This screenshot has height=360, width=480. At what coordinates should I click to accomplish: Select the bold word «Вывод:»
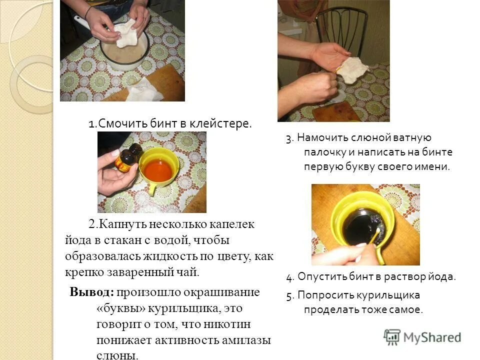pos(92,292)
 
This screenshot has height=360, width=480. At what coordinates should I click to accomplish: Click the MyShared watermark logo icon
pos(392,337)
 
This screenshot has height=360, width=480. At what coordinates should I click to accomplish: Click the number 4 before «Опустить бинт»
pos(289,276)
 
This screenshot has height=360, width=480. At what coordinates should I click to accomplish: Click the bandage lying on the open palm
pos(353,69)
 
